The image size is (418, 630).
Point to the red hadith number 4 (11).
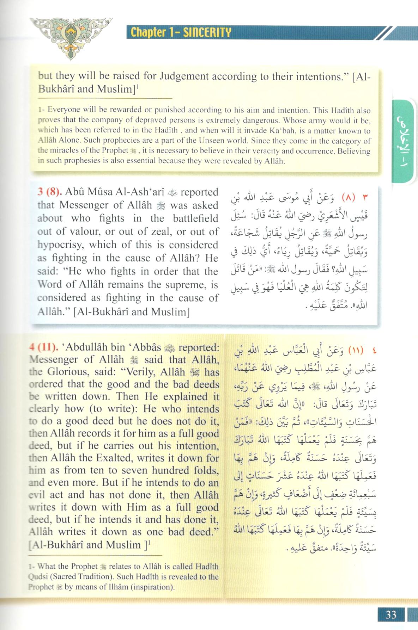click(x=43, y=347)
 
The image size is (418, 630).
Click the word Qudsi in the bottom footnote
click(x=40, y=577)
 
